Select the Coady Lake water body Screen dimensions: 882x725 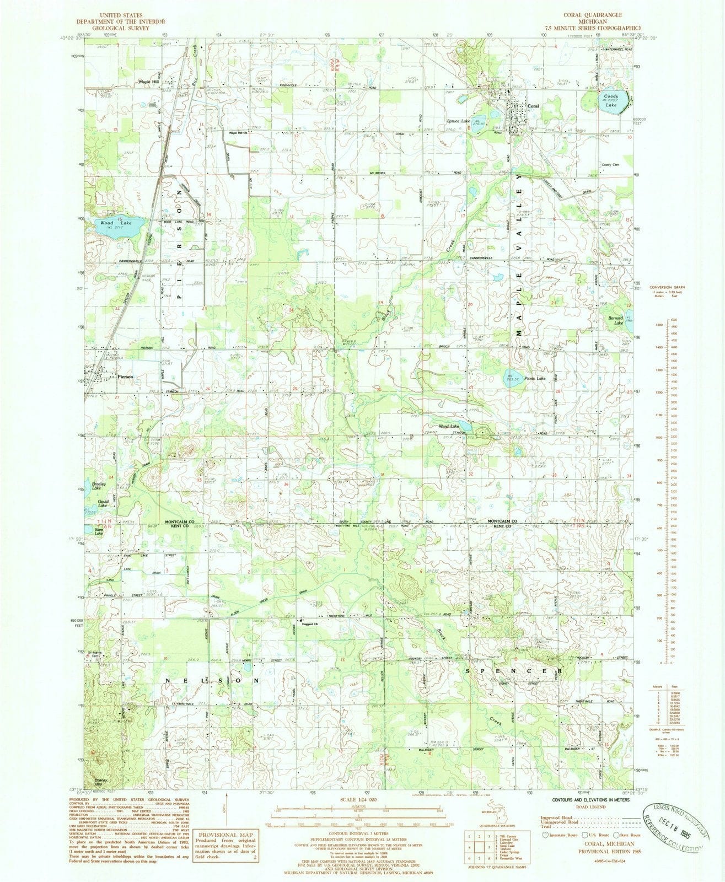tap(609, 101)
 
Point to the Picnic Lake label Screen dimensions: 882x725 tap(535, 379)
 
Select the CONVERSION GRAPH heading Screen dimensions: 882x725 tap(665, 287)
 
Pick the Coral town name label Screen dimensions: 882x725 tap(533, 105)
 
